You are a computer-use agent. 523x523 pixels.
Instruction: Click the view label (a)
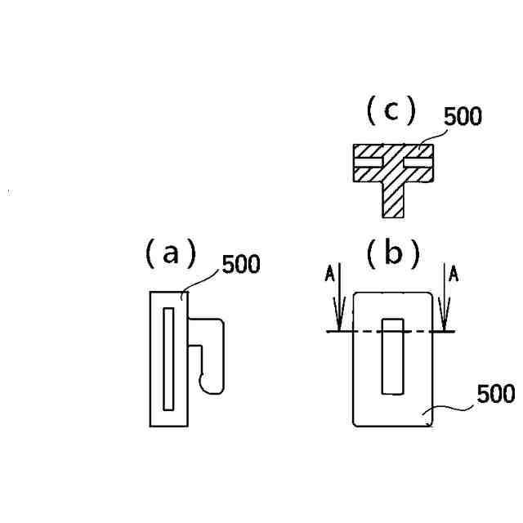(x=170, y=254)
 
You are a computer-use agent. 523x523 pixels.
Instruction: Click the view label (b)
(x=393, y=255)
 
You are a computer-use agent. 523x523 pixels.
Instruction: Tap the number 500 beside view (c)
(x=463, y=117)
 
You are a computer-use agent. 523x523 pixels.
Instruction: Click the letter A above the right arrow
(x=454, y=275)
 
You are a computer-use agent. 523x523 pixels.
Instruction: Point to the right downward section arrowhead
(x=446, y=320)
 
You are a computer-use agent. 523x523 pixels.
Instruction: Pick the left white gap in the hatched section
(x=368, y=163)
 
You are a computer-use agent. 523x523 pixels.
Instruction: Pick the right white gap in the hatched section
(x=418, y=163)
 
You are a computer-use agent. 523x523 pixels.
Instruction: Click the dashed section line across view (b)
(x=392, y=331)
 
